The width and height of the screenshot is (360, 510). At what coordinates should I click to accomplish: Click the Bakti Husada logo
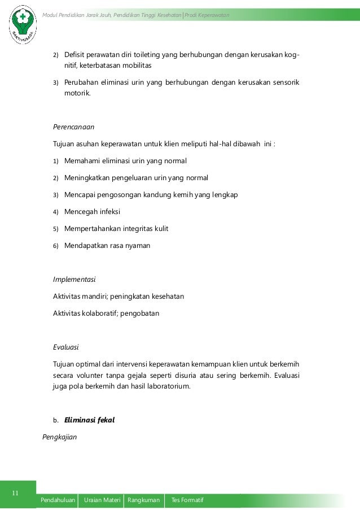point(22,25)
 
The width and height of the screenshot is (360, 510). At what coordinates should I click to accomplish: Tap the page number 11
point(16,493)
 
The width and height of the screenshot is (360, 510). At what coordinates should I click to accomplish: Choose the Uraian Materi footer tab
point(102,501)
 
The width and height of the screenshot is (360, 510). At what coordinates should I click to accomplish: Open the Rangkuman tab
point(144,501)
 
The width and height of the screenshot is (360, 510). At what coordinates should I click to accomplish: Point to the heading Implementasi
point(74,280)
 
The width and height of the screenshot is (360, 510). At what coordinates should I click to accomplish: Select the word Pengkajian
point(60,437)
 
